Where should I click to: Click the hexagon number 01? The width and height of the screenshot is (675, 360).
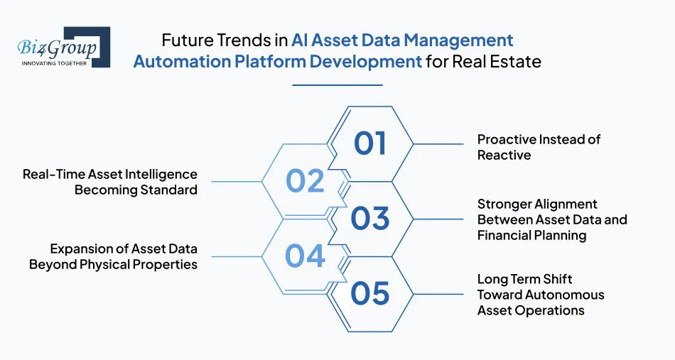[x=369, y=143]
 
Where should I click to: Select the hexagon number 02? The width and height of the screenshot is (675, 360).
[x=305, y=181]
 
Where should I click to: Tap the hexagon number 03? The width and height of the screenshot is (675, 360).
[x=369, y=219]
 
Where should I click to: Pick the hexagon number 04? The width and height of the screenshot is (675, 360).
[x=305, y=256]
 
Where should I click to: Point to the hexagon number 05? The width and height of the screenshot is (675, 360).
[x=369, y=293]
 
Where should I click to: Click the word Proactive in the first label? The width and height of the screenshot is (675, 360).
[x=507, y=139]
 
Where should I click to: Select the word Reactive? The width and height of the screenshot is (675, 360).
[x=504, y=155]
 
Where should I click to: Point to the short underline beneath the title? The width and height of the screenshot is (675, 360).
[x=337, y=85]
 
